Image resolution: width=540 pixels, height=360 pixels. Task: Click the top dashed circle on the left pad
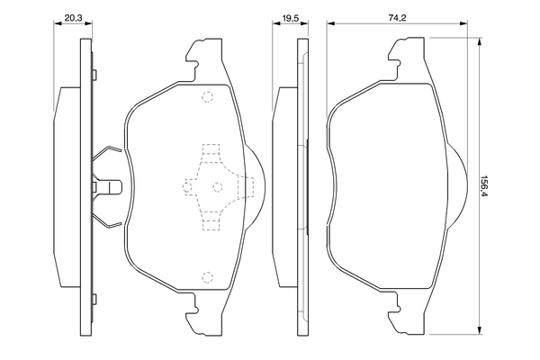[x=207, y=98]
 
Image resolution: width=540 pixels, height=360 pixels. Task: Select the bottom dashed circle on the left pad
[x=207, y=276]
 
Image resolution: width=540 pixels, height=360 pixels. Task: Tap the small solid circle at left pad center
[x=216, y=186]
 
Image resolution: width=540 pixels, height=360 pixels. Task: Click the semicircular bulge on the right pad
[x=457, y=186]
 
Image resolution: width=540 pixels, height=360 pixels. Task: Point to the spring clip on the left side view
[x=108, y=186]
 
